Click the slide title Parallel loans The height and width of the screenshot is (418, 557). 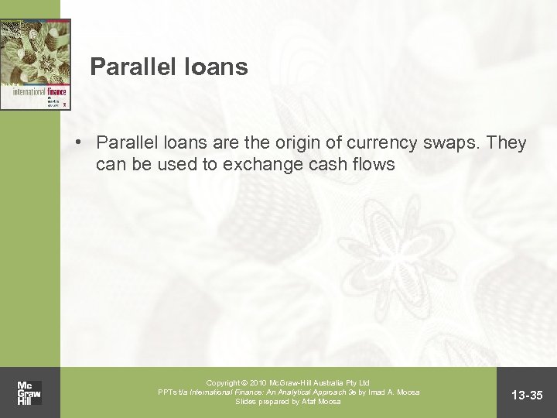coord(169,67)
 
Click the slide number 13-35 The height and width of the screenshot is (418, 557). coord(528,396)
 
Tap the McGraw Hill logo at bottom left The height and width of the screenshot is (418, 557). coord(29,392)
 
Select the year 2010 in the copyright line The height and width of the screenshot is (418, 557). coord(255,382)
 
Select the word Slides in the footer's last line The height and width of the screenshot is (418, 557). coord(247,401)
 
